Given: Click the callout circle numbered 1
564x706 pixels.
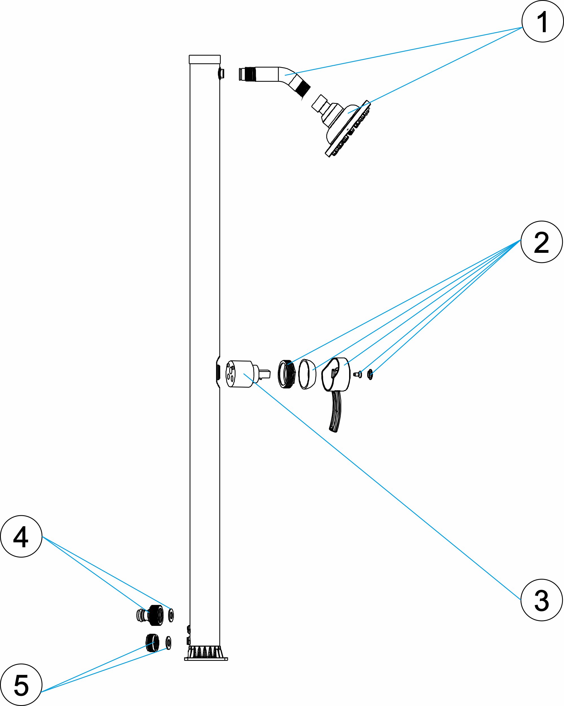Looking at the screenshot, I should click(542, 21).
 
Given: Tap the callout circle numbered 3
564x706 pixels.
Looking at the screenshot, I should click(541, 600).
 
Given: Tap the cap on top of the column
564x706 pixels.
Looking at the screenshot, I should click(204, 59).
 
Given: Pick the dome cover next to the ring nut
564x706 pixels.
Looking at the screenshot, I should click(307, 374).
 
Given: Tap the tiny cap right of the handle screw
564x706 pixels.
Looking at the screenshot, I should click(370, 374).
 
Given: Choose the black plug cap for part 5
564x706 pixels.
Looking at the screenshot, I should click(152, 643).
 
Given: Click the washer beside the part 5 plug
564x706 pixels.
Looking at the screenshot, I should click(168, 643).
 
